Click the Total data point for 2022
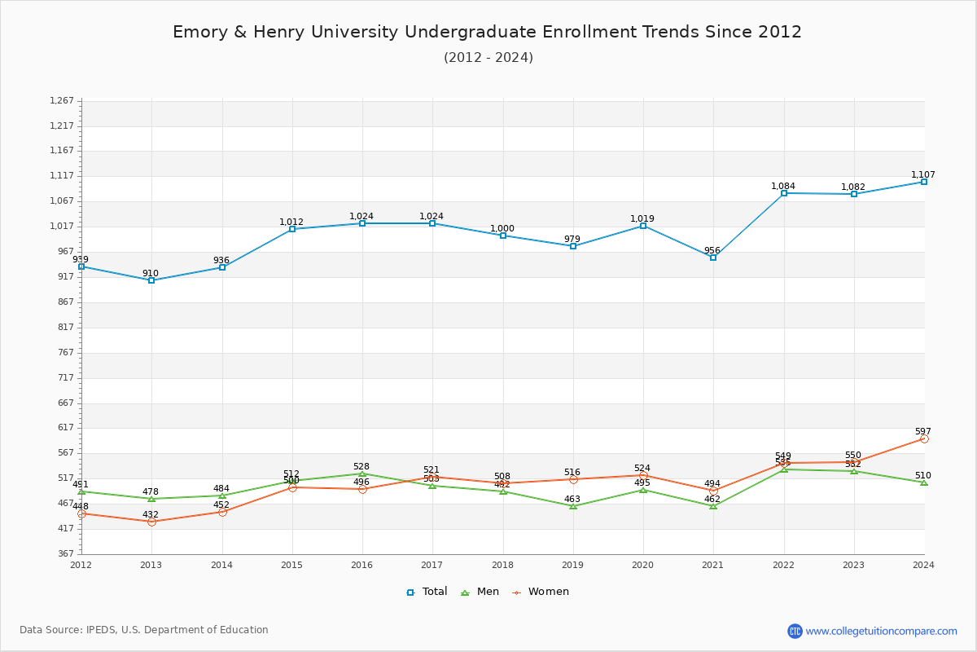point(784,193)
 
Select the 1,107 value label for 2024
point(923,175)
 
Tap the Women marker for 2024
point(924,438)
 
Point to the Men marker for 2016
point(362,474)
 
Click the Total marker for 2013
point(151,280)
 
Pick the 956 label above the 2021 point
point(712,251)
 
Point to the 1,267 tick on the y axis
point(62,101)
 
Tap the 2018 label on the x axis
point(502,564)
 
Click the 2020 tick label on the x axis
point(643,564)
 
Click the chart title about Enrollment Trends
point(487,32)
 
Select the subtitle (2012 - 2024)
point(488,58)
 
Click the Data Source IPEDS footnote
point(144,630)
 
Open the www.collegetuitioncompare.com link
point(881,631)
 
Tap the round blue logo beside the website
point(795,631)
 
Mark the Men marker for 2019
point(573,506)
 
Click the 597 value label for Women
point(922,432)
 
